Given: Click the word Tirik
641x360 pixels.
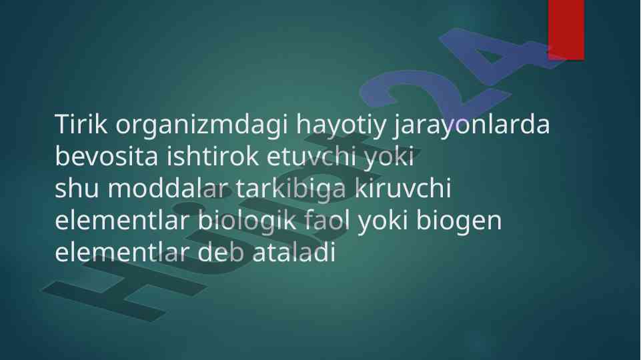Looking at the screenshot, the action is [81, 124].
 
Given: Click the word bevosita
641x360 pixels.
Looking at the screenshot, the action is [107, 156].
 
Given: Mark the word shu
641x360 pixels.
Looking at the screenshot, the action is [77, 188].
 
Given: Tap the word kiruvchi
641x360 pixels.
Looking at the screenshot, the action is [403, 188].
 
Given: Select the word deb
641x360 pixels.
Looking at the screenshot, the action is [221, 252].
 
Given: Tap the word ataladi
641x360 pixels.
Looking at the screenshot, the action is [294, 252].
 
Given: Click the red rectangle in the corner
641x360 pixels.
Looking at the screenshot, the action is [566, 30].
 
